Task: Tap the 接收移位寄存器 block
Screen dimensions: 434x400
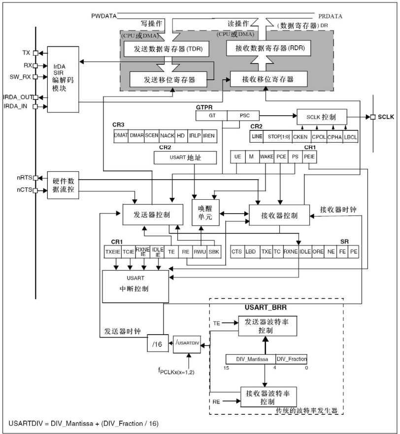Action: pos(268,79)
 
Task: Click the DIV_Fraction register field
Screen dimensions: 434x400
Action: pos(291,359)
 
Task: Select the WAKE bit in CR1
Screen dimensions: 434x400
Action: pos(266,156)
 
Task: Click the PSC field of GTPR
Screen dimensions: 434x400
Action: pos(244,116)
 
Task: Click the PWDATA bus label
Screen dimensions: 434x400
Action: pos(104,16)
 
